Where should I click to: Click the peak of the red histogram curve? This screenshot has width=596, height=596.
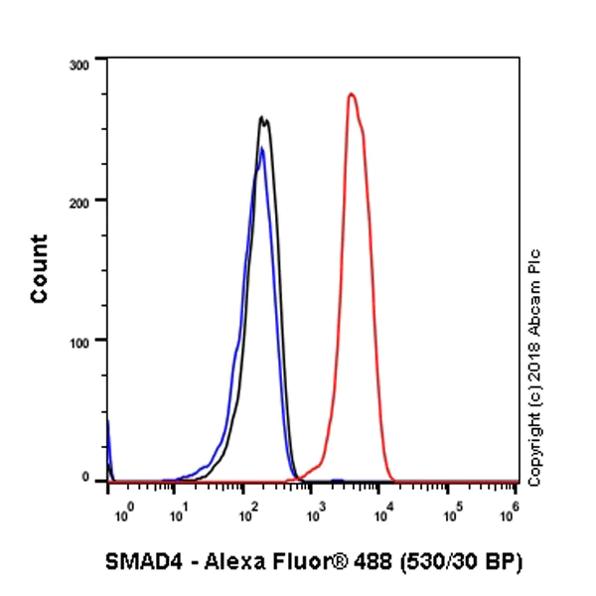pyautogui.click(x=352, y=95)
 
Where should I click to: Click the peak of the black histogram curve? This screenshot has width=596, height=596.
pyautogui.click(x=262, y=118)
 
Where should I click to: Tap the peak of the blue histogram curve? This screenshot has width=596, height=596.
pyautogui.click(x=261, y=149)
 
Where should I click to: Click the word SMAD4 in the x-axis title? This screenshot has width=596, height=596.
pyautogui.click(x=135, y=562)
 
